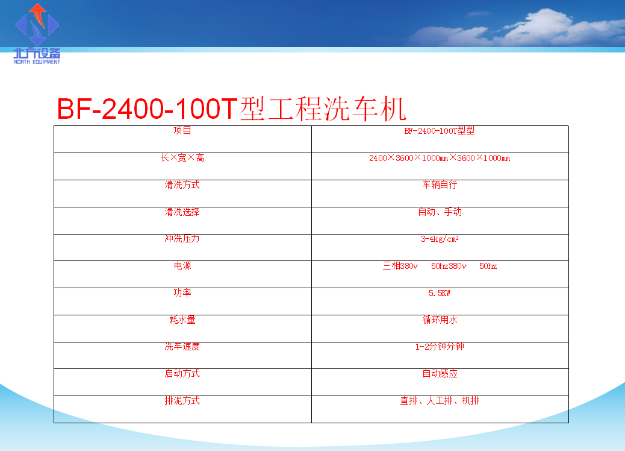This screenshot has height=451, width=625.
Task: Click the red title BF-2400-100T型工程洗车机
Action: pos(232,109)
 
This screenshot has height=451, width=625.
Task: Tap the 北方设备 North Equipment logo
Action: pos(37,34)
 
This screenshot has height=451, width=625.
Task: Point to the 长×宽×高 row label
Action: pos(182,157)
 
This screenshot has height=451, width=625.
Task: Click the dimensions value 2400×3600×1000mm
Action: pos(440,158)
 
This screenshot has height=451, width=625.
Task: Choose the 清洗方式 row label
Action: pos(182,184)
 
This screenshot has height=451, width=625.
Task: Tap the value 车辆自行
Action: pos(440,184)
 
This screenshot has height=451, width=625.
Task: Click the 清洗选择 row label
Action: pos(182,212)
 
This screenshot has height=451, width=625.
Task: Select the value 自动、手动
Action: pos(440,212)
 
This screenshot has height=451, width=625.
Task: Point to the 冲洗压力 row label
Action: pos(182,239)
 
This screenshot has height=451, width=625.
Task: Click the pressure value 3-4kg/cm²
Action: pos(440,239)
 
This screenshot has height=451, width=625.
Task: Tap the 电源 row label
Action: pos(182,266)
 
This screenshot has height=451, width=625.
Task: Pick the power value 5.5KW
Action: pos(440,294)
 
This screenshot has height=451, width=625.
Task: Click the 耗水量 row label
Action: pos(182,320)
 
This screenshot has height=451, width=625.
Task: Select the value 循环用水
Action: pos(440,320)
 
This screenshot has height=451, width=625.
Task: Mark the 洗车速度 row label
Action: pos(182,347)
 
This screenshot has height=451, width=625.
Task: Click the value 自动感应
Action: pos(440,374)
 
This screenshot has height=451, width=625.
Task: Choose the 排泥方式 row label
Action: pos(182,401)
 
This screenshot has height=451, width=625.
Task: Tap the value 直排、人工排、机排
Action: pos(440,401)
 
